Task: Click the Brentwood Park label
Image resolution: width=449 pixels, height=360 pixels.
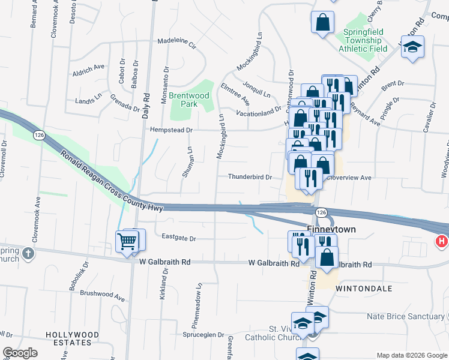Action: tap(188, 100)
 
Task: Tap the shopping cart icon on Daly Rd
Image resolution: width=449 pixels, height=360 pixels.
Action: tap(127, 242)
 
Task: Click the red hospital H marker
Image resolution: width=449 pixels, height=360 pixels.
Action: tap(442, 242)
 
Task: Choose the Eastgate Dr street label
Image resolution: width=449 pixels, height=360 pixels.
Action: tap(179, 238)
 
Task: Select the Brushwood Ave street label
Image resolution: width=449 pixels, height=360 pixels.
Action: tap(102, 296)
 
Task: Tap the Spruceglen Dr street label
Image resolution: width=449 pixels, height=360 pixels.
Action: tap(203, 335)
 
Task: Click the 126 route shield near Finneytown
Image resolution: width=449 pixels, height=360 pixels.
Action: tap(321, 213)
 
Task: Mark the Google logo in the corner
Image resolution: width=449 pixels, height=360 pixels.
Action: tap(20, 353)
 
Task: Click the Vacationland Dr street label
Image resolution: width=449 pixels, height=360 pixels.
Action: tap(259, 112)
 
